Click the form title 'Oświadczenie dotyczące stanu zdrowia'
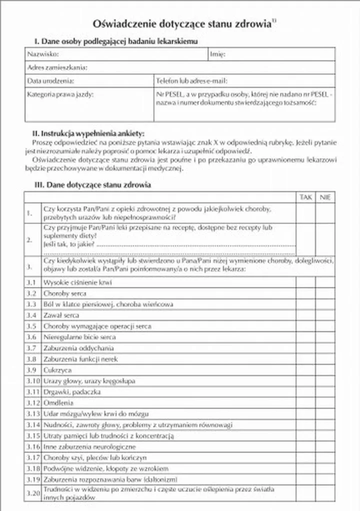pos(181,23)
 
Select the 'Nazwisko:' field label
pos(43,54)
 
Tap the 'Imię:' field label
pos(217,54)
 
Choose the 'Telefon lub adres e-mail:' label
pos(191,80)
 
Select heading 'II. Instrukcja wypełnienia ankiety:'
pos(88,133)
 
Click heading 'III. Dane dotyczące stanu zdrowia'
pos(92,185)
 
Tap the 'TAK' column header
pos(305,197)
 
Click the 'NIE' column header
pos(325,197)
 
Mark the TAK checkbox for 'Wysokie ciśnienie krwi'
pos(305,282)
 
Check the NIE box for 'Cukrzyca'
pos(325,370)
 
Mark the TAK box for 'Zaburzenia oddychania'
pos(305,348)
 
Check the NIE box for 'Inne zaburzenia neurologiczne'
pos(325,446)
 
